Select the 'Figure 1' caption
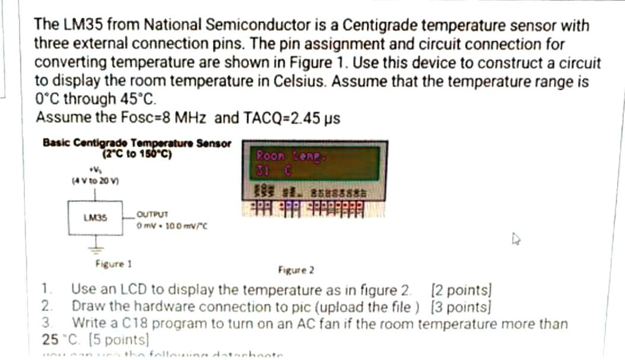(x=114, y=264)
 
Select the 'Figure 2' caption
(x=295, y=269)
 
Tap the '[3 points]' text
(x=461, y=306)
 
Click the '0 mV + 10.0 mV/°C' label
(x=173, y=225)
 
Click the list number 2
(x=46, y=306)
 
